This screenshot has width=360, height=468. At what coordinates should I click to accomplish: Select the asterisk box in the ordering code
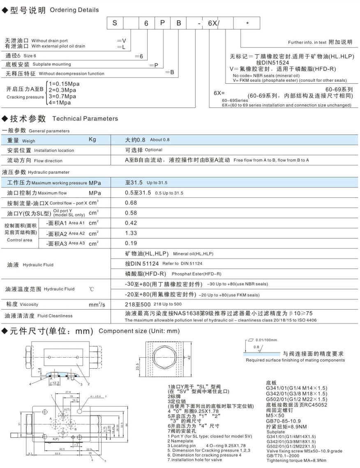click(x=247, y=24)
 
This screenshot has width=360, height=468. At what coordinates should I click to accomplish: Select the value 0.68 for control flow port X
click(x=131, y=202)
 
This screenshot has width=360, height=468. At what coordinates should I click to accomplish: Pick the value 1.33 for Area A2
click(x=131, y=234)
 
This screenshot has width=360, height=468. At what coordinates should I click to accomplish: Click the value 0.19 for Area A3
click(x=131, y=243)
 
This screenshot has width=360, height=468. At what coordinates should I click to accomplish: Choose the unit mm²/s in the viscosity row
click(x=97, y=305)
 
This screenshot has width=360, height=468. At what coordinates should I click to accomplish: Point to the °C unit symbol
click(x=92, y=289)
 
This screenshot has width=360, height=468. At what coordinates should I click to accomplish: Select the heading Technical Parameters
click(x=85, y=119)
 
